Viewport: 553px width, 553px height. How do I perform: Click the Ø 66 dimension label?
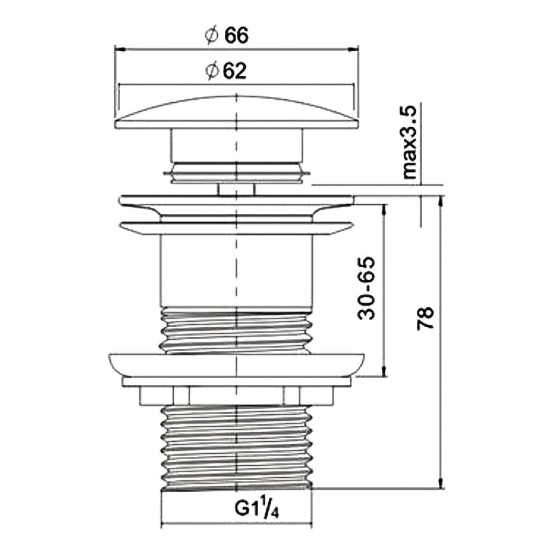[x=227, y=36]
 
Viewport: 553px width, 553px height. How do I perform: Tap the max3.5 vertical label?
[x=410, y=142]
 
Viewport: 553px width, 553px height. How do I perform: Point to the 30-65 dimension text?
[x=366, y=288]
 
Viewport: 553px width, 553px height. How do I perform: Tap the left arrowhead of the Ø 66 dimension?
[x=120, y=49]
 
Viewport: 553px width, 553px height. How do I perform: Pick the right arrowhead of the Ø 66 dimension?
[x=353, y=49]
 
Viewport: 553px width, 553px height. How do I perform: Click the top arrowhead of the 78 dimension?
[x=441, y=202]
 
